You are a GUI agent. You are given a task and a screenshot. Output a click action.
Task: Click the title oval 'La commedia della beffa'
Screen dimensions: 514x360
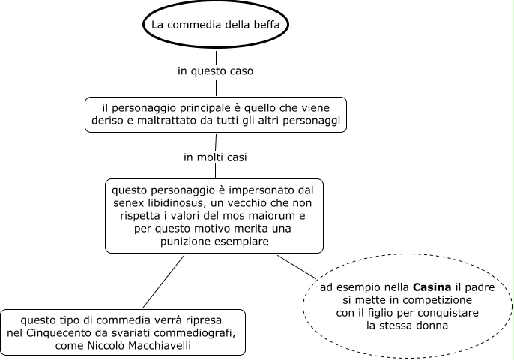pos(216,25)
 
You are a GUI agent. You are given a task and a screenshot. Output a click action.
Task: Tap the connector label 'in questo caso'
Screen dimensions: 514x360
pos(215,71)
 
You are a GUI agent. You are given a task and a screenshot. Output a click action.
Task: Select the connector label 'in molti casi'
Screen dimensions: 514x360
pos(215,157)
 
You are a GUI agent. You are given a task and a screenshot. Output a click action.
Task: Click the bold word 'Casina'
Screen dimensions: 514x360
pos(431,286)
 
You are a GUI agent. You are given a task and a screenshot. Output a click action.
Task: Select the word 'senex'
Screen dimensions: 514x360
pos(132,203)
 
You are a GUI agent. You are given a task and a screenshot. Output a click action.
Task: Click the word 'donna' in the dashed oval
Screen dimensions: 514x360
pos(432,326)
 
